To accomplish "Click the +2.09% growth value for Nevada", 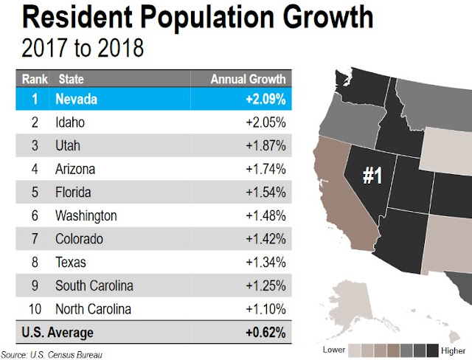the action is tap(265, 99).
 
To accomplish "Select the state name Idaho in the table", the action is tap(70, 122).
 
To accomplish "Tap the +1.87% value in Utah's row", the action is tap(265, 145).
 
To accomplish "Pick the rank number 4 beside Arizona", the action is tap(35, 169).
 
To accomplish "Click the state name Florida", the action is tap(73, 193).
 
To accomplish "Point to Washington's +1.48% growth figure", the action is tap(265, 215).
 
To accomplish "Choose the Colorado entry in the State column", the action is tap(79, 239).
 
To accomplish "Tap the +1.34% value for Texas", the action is tap(265, 262).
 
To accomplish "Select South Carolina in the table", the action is tap(94, 285).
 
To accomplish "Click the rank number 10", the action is tap(35, 309).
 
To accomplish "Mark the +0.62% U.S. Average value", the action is tap(265, 333).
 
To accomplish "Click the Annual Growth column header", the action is tap(248, 79).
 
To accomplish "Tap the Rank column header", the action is tap(35, 79).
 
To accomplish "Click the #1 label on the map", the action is tap(372, 176).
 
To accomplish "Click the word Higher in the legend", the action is tap(453, 350).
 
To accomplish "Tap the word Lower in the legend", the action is tap(334, 350).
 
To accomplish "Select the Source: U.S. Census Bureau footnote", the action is tap(52, 355).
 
